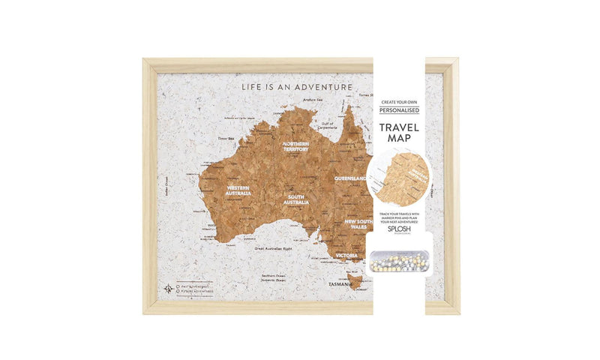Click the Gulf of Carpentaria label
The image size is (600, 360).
326,127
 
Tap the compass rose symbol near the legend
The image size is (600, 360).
166,288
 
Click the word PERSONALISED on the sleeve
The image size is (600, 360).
399,110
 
